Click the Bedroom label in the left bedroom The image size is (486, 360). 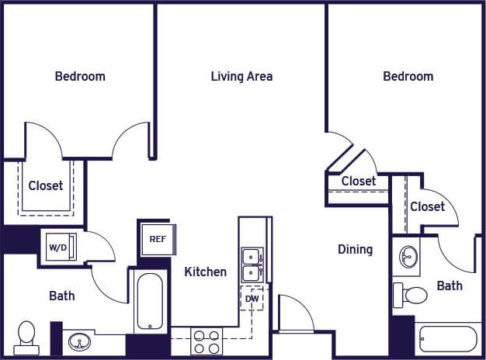pos(80,76)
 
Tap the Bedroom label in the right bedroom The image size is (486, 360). pos(408,76)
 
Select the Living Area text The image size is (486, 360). pos(241,76)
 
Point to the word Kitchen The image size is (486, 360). pos(205,272)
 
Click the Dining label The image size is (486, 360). pos(355,249)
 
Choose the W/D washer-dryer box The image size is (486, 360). pos(58,247)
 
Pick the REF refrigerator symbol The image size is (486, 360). pos(157,238)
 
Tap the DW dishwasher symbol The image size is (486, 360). pos(252,298)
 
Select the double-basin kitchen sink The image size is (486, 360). pos(252,264)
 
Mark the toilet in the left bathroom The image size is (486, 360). pos(27,336)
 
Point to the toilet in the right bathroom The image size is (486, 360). pos(411,295)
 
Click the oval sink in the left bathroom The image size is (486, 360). pos(78,341)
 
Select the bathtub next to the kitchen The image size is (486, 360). pos(151,300)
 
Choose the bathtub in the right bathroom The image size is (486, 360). pos(447,339)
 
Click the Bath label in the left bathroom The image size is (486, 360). pos(61,296)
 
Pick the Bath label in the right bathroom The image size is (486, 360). pos(449,286)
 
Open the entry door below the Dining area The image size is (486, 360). pos(294,314)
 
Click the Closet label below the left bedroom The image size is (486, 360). pos(46,185)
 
